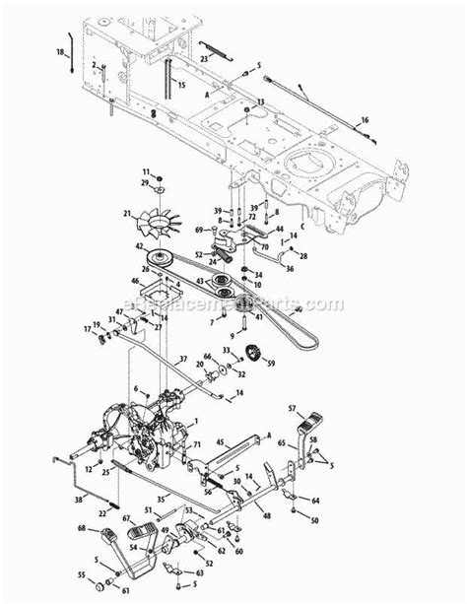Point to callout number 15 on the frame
[x=181, y=86]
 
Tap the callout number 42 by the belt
[x=140, y=246]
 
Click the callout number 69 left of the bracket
[x=198, y=229]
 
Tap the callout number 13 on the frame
[x=260, y=101]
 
